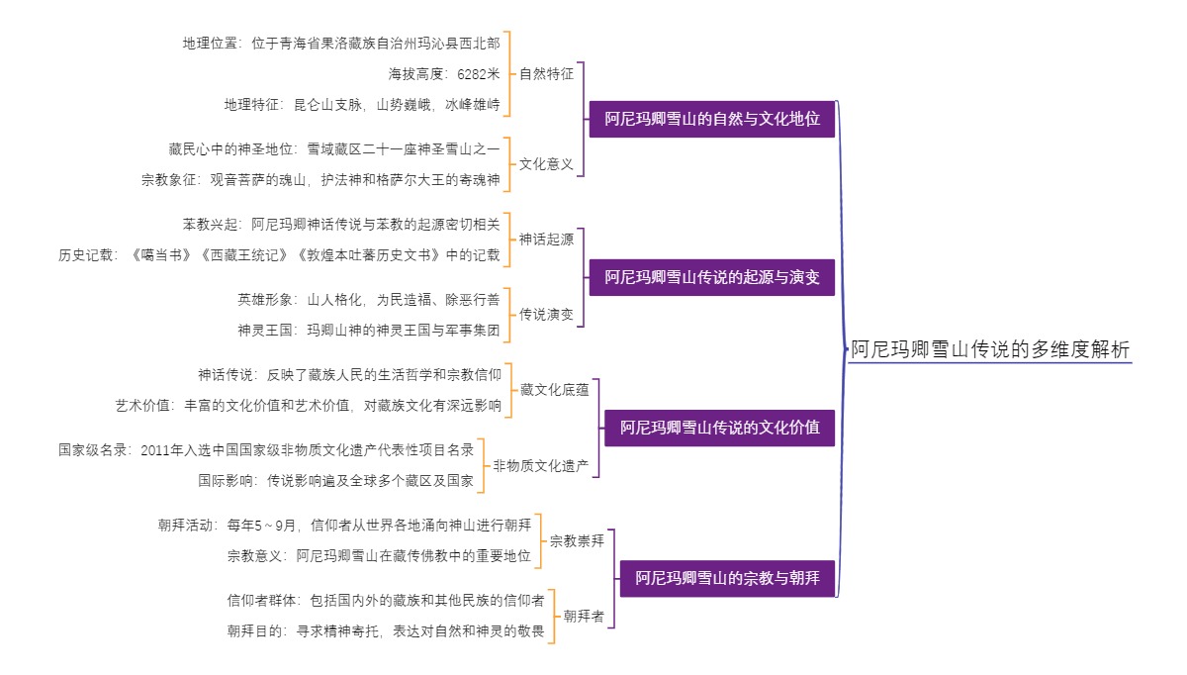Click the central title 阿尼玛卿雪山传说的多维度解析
click(989, 349)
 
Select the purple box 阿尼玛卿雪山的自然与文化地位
click(712, 119)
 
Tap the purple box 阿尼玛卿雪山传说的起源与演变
click(712, 278)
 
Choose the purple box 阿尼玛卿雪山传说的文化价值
click(719, 429)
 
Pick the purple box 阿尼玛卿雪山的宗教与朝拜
click(727, 577)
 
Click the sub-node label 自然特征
click(546, 73)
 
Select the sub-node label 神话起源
click(546, 240)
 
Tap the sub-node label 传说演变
click(546, 315)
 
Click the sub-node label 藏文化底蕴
click(554, 389)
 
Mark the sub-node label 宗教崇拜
click(577, 540)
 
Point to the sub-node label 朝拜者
click(584, 616)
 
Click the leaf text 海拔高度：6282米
click(444, 73)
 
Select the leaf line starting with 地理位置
click(341, 44)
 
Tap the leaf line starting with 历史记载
click(279, 254)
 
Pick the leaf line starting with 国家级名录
click(266, 450)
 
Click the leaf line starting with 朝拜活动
click(344, 526)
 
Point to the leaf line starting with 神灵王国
click(368, 330)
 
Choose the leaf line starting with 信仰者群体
click(385, 601)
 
